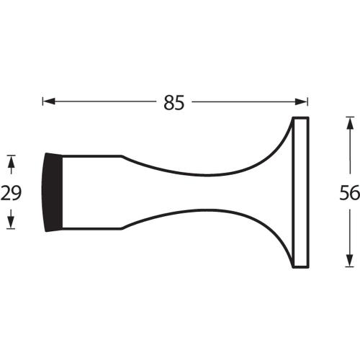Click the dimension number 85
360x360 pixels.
pos(174,102)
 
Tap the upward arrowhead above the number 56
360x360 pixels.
pos(349,125)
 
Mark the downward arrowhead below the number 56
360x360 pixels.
pos(349,260)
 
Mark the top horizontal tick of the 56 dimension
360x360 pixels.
pos(349,116)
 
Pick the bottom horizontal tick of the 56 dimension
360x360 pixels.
pos(349,268)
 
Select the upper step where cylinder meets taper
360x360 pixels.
pos(122,156)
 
